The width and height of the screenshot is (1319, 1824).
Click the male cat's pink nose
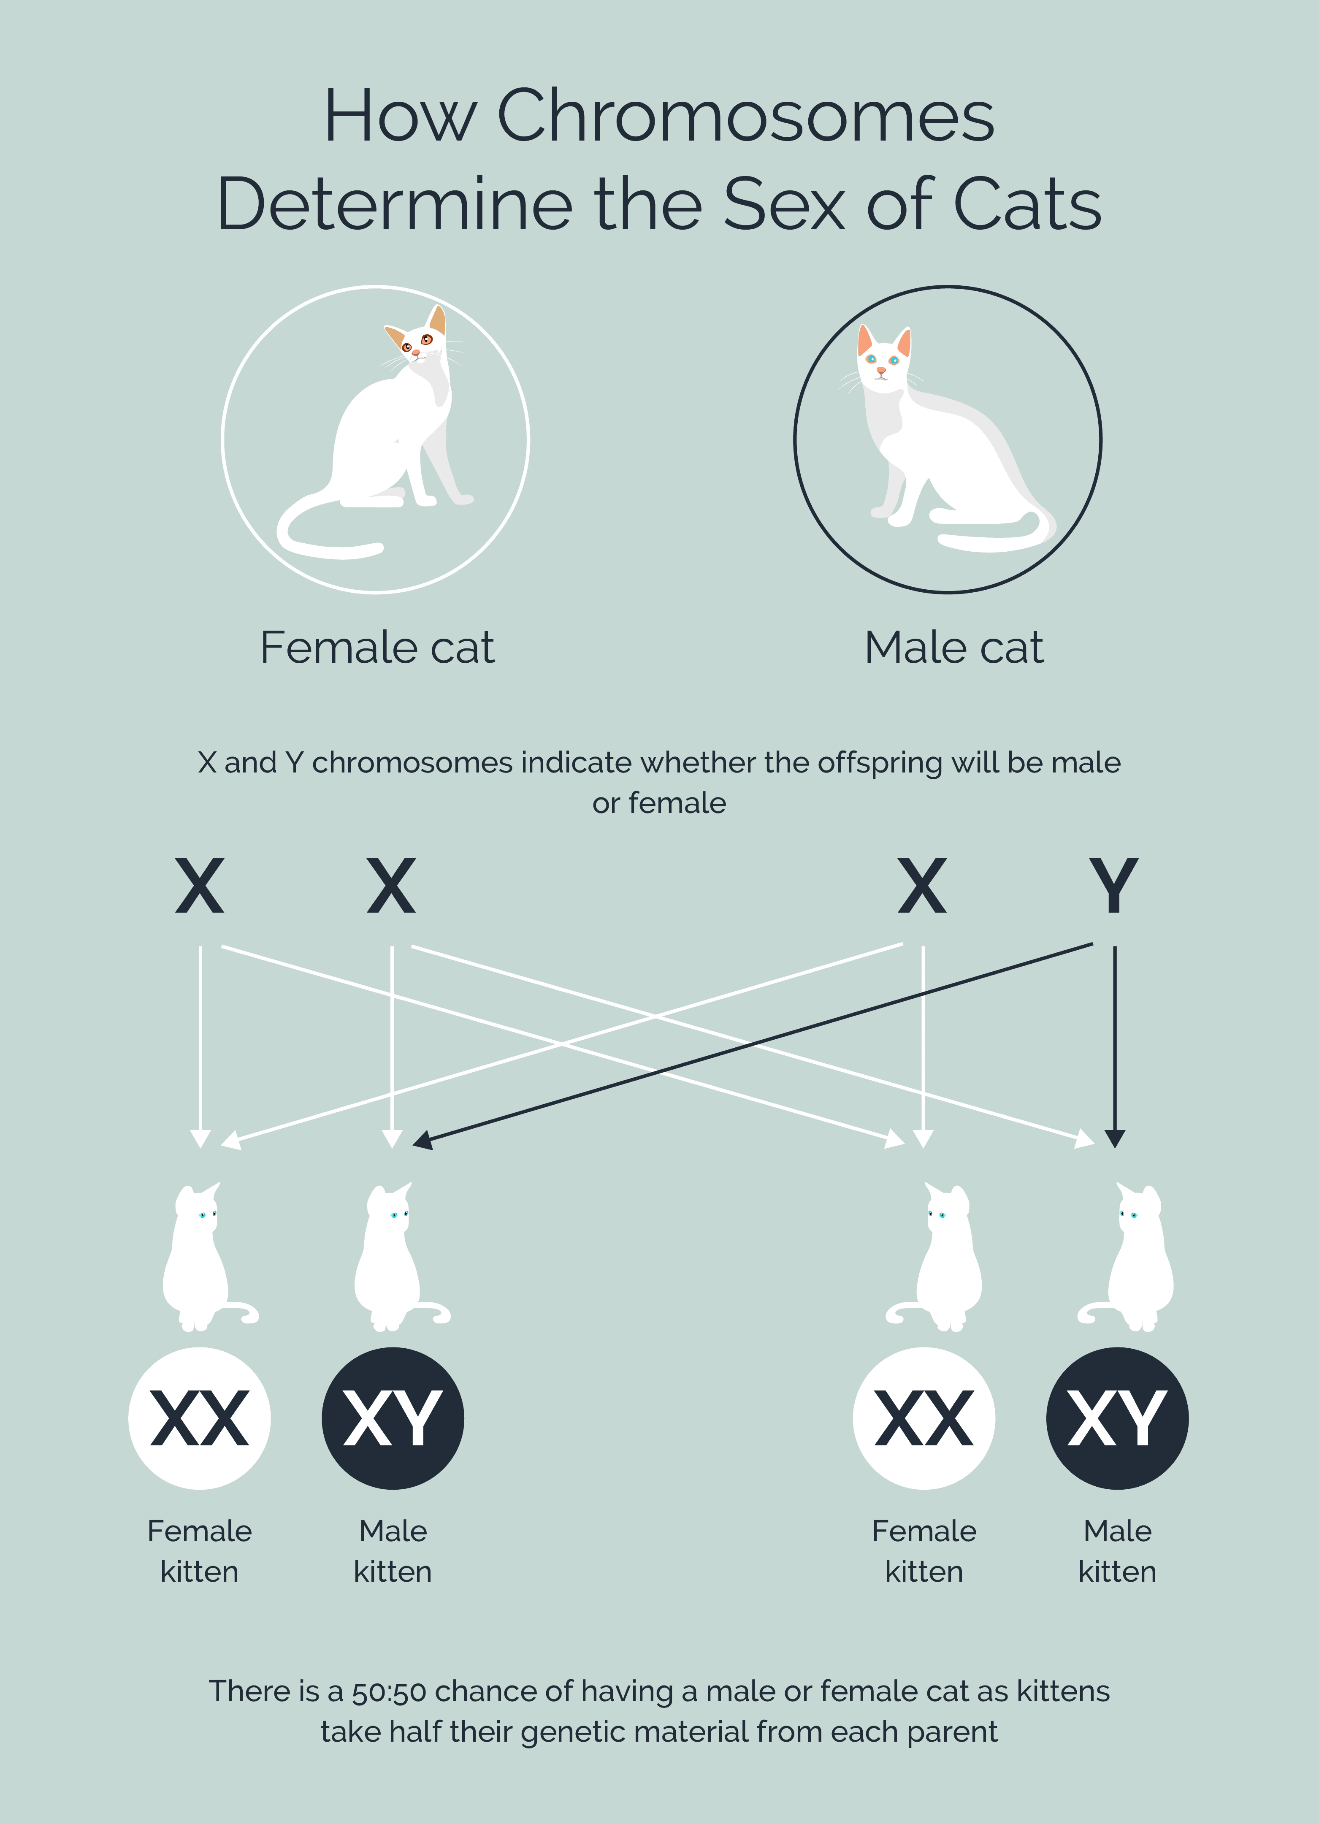pos(881,371)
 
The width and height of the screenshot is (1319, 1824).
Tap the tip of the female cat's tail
pos(378,549)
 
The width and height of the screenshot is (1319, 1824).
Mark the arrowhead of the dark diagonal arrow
pos(422,1141)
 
